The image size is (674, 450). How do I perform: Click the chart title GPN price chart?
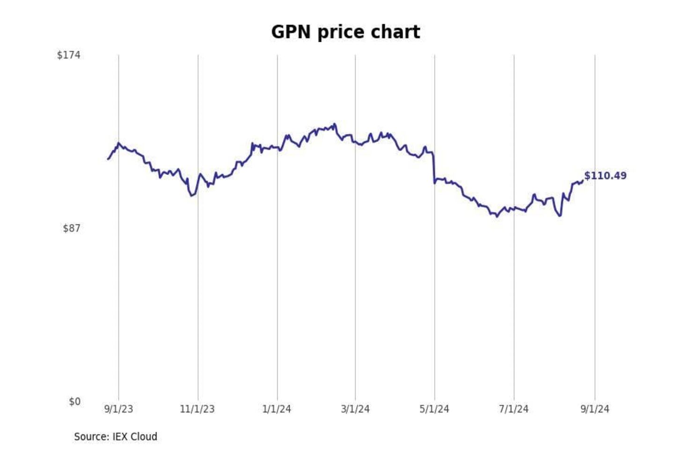tap(345, 32)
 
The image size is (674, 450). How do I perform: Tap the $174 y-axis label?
tap(68, 55)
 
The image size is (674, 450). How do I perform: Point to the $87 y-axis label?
tap(71, 228)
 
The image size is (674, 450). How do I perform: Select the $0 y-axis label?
tap(74, 402)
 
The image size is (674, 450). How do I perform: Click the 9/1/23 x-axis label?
tap(118, 409)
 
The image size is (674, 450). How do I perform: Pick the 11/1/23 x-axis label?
tap(197, 409)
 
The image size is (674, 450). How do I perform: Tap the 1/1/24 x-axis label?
tap(277, 409)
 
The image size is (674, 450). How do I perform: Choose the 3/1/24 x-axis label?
tap(355, 409)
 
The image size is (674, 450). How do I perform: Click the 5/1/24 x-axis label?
tap(434, 409)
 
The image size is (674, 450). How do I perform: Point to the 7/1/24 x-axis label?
tap(513, 409)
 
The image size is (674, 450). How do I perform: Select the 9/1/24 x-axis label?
tap(595, 409)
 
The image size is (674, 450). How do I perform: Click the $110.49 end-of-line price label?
tap(605, 176)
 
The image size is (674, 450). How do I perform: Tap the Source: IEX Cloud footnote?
tap(116, 436)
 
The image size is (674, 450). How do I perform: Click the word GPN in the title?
tap(291, 32)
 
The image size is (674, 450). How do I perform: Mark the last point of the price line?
tap(583, 181)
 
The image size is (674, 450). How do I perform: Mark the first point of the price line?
tap(108, 159)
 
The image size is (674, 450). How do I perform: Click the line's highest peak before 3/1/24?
tap(334, 124)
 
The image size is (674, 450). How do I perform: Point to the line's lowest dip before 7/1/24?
tap(497, 217)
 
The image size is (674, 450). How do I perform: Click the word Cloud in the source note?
tap(144, 436)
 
